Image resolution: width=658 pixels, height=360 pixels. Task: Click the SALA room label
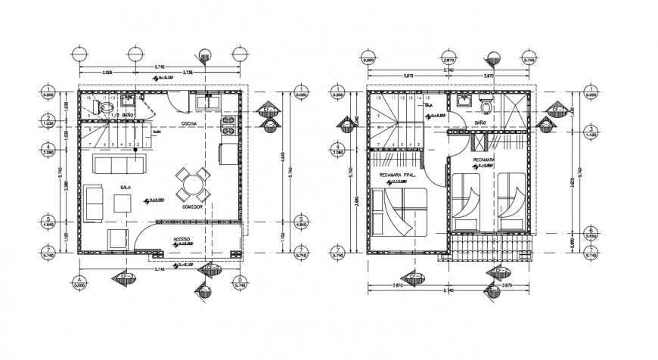[124, 186]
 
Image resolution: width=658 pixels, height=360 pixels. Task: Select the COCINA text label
[190, 123]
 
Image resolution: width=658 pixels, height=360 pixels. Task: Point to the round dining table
[192, 182]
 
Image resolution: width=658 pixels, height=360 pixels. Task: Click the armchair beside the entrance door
[119, 238]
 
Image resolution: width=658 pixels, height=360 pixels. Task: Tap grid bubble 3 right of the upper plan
[589, 131]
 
